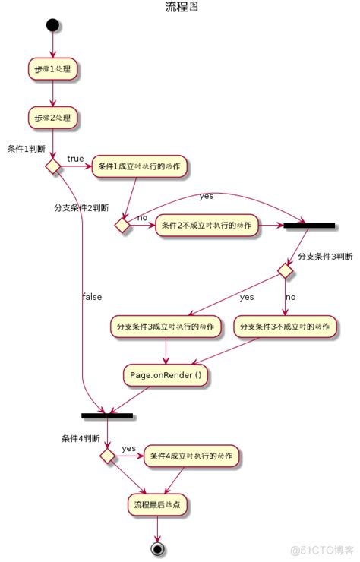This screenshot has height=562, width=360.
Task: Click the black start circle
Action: coord(52,26)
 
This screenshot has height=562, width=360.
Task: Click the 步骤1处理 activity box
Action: coord(53,70)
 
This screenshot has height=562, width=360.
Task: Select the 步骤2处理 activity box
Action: coord(53,118)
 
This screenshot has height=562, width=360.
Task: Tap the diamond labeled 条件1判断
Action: coord(53,166)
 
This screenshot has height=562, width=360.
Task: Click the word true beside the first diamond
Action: coord(75,159)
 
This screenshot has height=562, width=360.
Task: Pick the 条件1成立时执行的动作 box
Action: coord(140,166)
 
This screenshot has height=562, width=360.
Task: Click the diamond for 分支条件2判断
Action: coord(123,225)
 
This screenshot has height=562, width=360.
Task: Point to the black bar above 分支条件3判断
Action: coord(308,226)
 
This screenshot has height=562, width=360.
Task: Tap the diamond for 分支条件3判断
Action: coord(286,270)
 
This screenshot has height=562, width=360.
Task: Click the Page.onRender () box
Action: coord(166,375)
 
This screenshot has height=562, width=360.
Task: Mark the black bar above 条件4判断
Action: coord(107,416)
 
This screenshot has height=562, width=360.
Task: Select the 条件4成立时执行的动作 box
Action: coord(192,456)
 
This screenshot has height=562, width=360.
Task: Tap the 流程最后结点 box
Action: coord(157,504)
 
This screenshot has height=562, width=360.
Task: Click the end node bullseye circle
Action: coord(157,548)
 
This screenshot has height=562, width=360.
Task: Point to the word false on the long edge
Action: coord(91,297)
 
